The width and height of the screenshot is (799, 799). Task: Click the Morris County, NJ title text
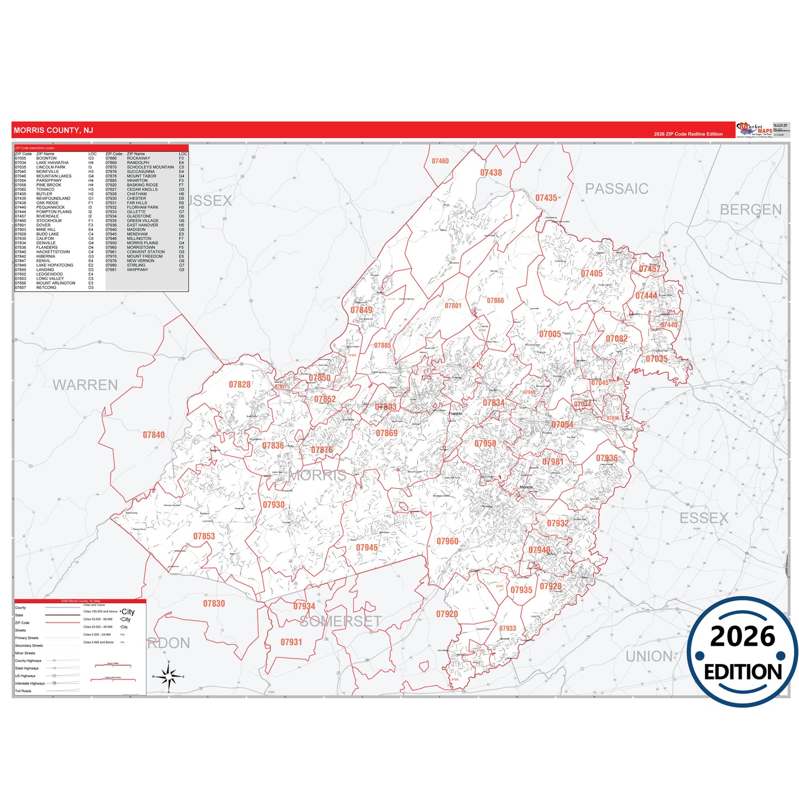(53, 130)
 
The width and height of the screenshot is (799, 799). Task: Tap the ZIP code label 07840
(154, 435)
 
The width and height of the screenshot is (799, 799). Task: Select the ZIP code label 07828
(239, 384)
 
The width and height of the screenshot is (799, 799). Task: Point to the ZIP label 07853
(204, 536)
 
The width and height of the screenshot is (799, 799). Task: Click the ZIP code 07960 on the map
(447, 541)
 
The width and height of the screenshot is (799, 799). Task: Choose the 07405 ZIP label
(591, 274)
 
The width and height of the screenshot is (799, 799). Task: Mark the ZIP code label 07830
(214, 604)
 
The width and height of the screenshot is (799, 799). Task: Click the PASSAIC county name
(617, 189)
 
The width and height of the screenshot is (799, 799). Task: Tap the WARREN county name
(85, 385)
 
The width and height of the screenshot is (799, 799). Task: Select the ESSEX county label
(703, 518)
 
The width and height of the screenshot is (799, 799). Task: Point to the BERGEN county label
(750, 210)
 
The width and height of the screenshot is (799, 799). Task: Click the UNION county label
(649, 656)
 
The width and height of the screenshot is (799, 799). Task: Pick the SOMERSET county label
(341, 622)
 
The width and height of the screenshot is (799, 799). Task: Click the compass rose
(169, 676)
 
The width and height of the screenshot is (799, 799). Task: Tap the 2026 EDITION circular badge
(742, 652)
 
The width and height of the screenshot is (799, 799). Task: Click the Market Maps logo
(754, 130)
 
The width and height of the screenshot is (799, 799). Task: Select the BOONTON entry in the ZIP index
(46, 159)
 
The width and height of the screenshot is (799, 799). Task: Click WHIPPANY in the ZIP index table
(137, 270)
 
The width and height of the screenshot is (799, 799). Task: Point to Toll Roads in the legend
(23, 691)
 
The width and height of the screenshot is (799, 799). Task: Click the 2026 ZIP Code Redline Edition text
(688, 134)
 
